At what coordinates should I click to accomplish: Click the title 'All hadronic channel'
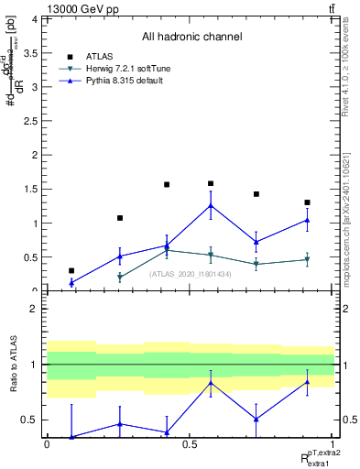191,37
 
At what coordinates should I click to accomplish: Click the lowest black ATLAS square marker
71,270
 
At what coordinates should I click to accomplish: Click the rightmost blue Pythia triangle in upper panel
307,220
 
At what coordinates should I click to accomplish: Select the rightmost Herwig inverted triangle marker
307,260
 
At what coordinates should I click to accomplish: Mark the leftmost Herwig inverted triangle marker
120,277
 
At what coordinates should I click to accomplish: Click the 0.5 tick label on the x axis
189,444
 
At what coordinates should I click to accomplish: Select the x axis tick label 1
332,444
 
